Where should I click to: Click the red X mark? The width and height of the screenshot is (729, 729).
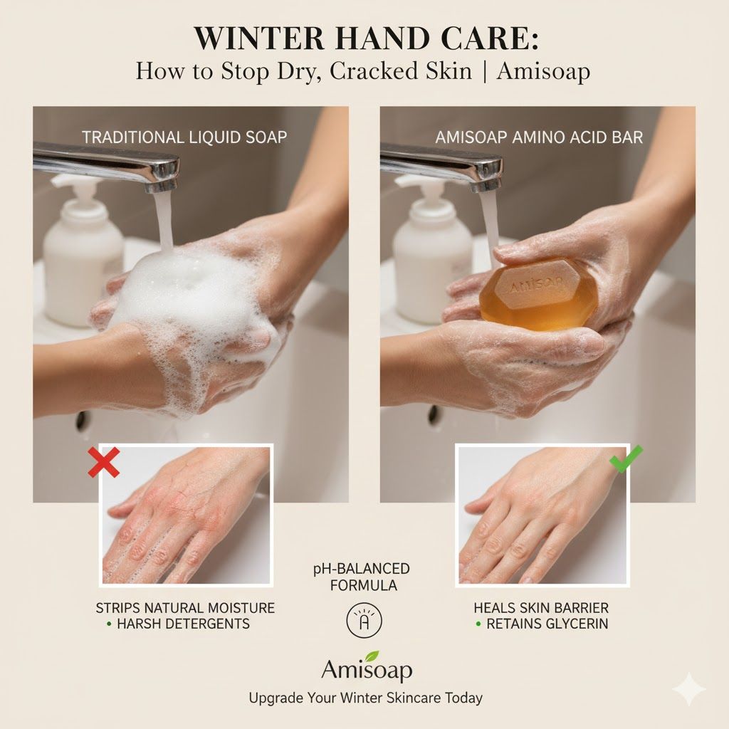(104, 463)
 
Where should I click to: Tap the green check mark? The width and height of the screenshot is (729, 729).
(626, 459)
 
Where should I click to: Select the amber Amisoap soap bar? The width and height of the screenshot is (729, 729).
(539, 293)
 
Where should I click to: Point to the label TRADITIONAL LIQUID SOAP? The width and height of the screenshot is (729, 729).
(184, 137)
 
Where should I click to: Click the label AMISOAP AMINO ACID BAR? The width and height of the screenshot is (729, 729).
(539, 137)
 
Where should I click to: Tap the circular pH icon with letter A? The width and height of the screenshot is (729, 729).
(364, 621)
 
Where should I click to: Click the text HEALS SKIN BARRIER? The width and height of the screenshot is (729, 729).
(541, 608)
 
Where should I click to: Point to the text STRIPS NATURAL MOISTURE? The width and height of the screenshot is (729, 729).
(185, 608)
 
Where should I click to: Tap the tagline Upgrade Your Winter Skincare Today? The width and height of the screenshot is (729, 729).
(365, 698)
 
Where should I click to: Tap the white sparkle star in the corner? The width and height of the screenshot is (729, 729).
(688, 689)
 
